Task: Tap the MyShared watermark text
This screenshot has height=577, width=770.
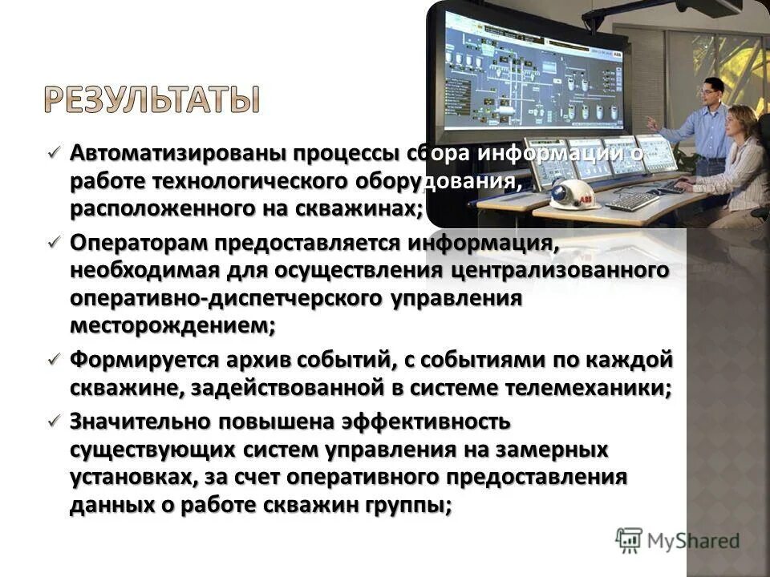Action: (693, 540)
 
